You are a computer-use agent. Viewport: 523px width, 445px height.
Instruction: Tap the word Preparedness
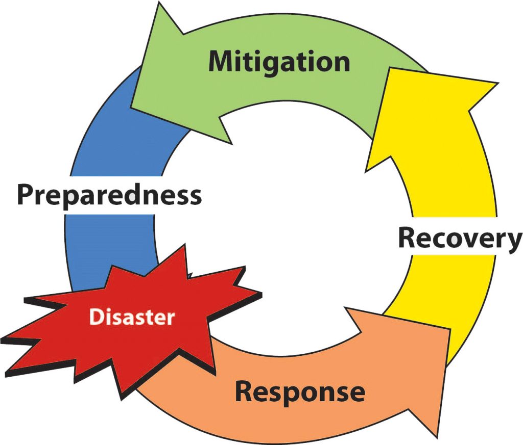109,195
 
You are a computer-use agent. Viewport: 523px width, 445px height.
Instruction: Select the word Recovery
460,238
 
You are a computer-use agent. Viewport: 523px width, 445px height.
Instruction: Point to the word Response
300,392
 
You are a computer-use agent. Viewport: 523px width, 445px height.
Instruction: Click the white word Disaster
132,317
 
